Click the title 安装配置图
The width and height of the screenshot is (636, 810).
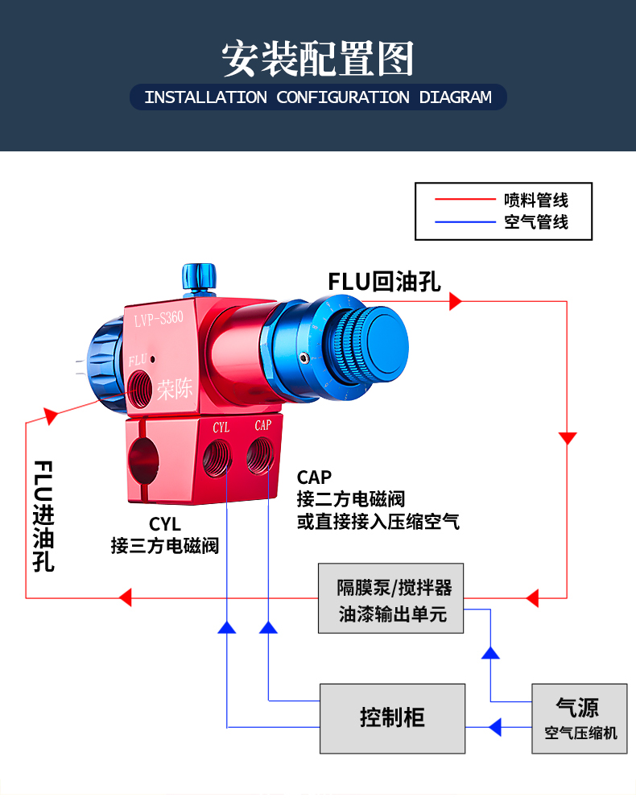[318, 58]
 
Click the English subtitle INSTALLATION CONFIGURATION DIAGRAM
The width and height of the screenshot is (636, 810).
[318, 97]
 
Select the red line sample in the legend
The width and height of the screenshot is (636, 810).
[465, 198]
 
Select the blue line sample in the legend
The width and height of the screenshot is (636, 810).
[465, 222]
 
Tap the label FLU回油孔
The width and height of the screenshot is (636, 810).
[384, 282]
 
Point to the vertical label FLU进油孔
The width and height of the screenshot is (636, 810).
[43, 515]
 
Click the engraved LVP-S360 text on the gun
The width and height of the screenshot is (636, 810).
[159, 319]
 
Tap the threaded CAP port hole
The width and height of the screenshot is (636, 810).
[260, 455]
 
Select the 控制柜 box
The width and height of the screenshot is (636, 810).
[392, 717]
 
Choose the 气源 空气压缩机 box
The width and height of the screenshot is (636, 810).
[579, 717]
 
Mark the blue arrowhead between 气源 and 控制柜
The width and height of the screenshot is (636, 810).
[494, 727]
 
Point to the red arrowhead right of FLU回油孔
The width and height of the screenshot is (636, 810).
[456, 301]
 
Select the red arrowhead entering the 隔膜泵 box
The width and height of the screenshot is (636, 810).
[531, 597]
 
